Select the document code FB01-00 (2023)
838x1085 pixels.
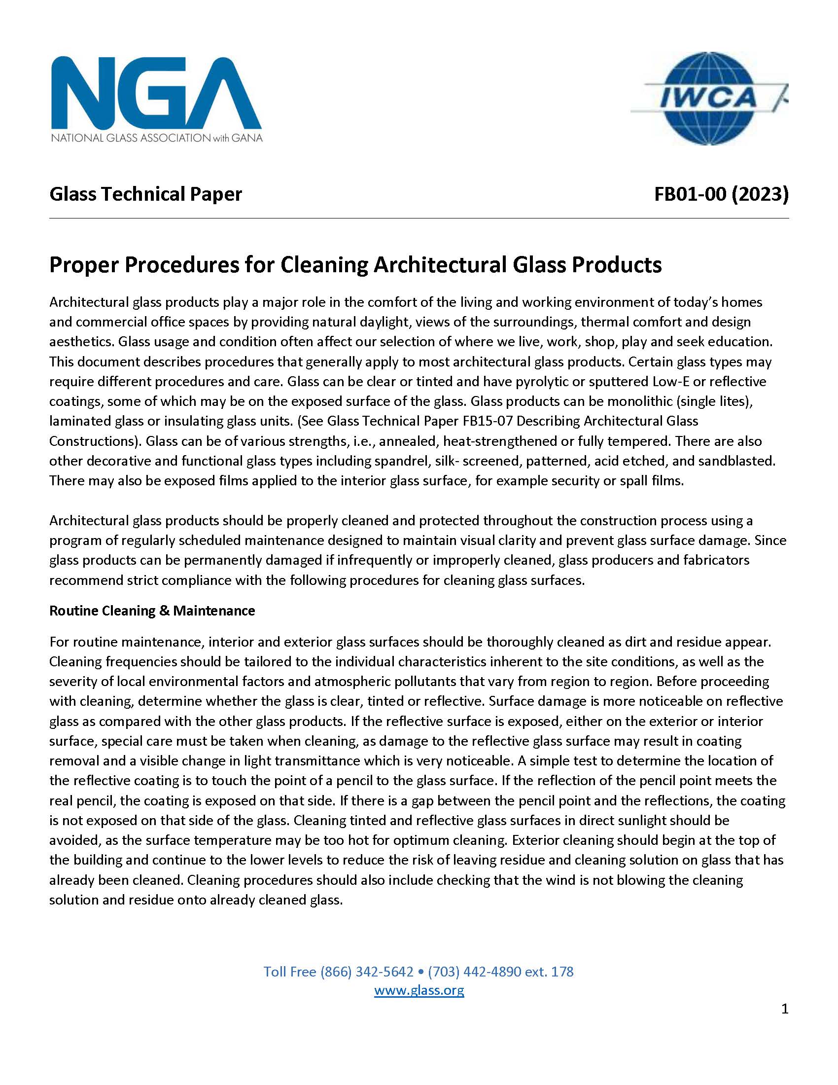point(721,194)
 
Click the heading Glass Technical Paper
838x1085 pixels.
point(145,194)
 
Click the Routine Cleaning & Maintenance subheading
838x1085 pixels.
point(152,611)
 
